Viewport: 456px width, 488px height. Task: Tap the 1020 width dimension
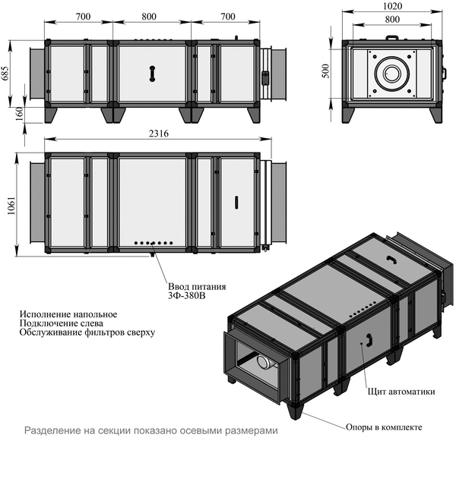coord(392,5)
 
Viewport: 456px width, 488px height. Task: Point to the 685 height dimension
coord(6,74)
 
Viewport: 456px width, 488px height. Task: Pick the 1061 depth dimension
coord(10,203)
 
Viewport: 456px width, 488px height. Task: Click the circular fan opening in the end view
coord(392,74)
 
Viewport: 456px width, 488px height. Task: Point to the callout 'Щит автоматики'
coord(401,392)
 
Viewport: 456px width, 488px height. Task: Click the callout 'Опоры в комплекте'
coord(384,427)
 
